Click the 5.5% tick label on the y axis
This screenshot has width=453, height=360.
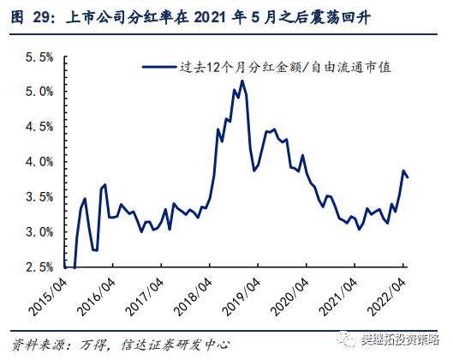click(39, 57)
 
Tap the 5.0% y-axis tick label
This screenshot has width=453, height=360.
click(39, 92)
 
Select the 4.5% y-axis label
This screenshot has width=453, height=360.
click(39, 127)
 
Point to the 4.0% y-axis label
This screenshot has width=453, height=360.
click(39, 162)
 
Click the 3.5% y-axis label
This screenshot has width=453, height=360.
click(39, 197)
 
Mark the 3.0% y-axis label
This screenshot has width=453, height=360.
click(39, 232)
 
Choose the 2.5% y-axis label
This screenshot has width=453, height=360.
click(39, 267)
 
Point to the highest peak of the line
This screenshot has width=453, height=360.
click(242, 81)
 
